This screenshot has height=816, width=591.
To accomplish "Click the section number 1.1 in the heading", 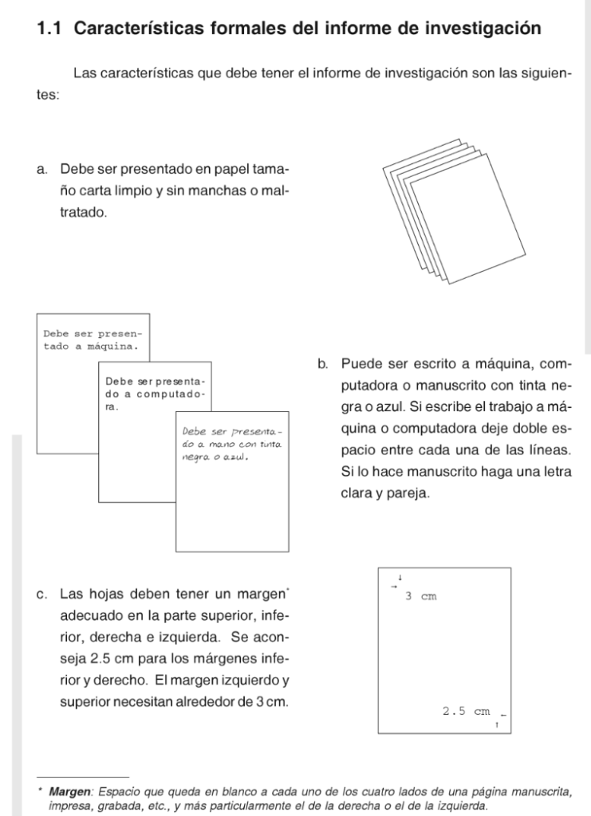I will pos(50,29).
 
